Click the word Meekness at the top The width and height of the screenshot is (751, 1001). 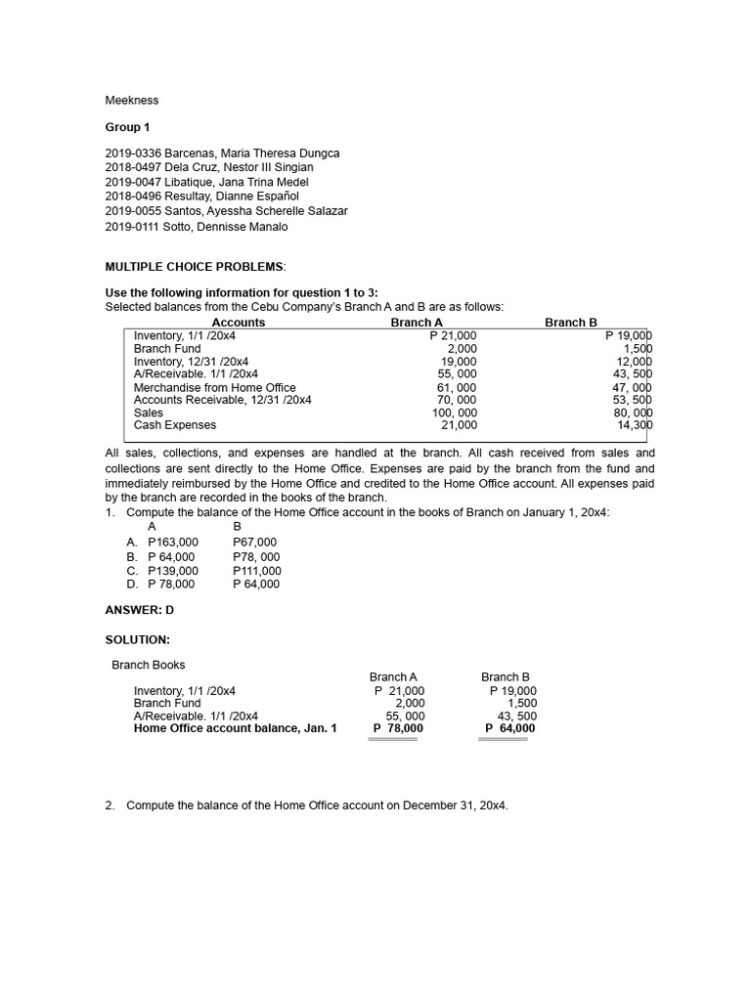[x=131, y=100]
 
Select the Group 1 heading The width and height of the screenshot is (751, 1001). [x=128, y=127]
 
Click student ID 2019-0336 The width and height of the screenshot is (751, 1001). [x=132, y=153]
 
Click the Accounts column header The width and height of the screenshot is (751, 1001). [x=238, y=323]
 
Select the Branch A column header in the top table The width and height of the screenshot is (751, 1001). [x=416, y=323]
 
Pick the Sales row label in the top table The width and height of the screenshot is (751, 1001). [x=149, y=413]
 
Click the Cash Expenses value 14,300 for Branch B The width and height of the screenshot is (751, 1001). [x=634, y=425]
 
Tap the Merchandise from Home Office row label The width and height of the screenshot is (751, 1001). [x=214, y=387]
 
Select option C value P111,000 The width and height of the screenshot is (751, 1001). [x=256, y=571]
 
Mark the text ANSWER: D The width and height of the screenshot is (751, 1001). [x=139, y=610]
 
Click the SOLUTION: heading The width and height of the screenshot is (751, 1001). [x=137, y=639]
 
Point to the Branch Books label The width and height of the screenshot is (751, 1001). [x=149, y=665]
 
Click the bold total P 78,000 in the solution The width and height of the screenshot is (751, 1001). [x=398, y=728]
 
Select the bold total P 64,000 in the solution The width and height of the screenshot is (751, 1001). [x=509, y=728]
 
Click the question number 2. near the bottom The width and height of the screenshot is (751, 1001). [x=110, y=805]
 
